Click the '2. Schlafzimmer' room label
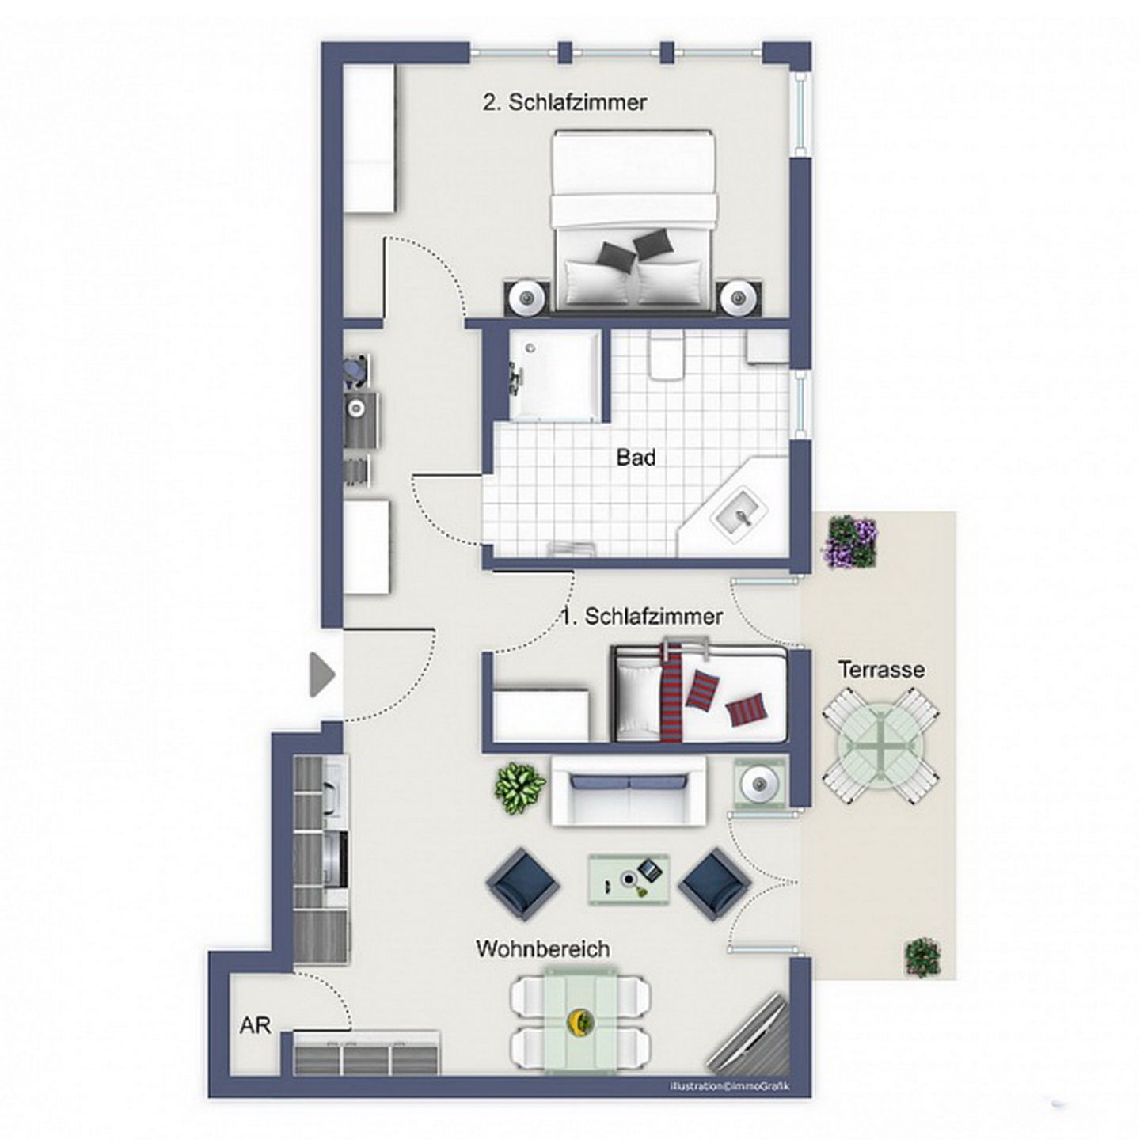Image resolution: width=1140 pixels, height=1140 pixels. coord(565,102)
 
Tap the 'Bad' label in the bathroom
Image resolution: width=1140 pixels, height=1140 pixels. coord(636,458)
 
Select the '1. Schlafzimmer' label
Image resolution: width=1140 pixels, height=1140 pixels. coord(643,617)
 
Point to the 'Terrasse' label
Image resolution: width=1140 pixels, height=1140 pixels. coord(881,670)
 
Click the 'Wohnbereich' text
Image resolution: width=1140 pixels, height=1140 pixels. coord(543,966)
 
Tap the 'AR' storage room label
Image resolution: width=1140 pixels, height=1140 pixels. coord(256,1025)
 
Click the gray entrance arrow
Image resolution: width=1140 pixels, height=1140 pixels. coord(322,674)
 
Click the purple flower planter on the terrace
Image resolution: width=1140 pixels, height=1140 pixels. coord(849,541)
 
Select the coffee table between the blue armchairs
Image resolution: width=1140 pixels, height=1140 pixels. coord(629,889)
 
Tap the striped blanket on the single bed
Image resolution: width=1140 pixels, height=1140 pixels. coord(671,696)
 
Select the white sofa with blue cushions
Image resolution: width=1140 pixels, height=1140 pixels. coord(629,792)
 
